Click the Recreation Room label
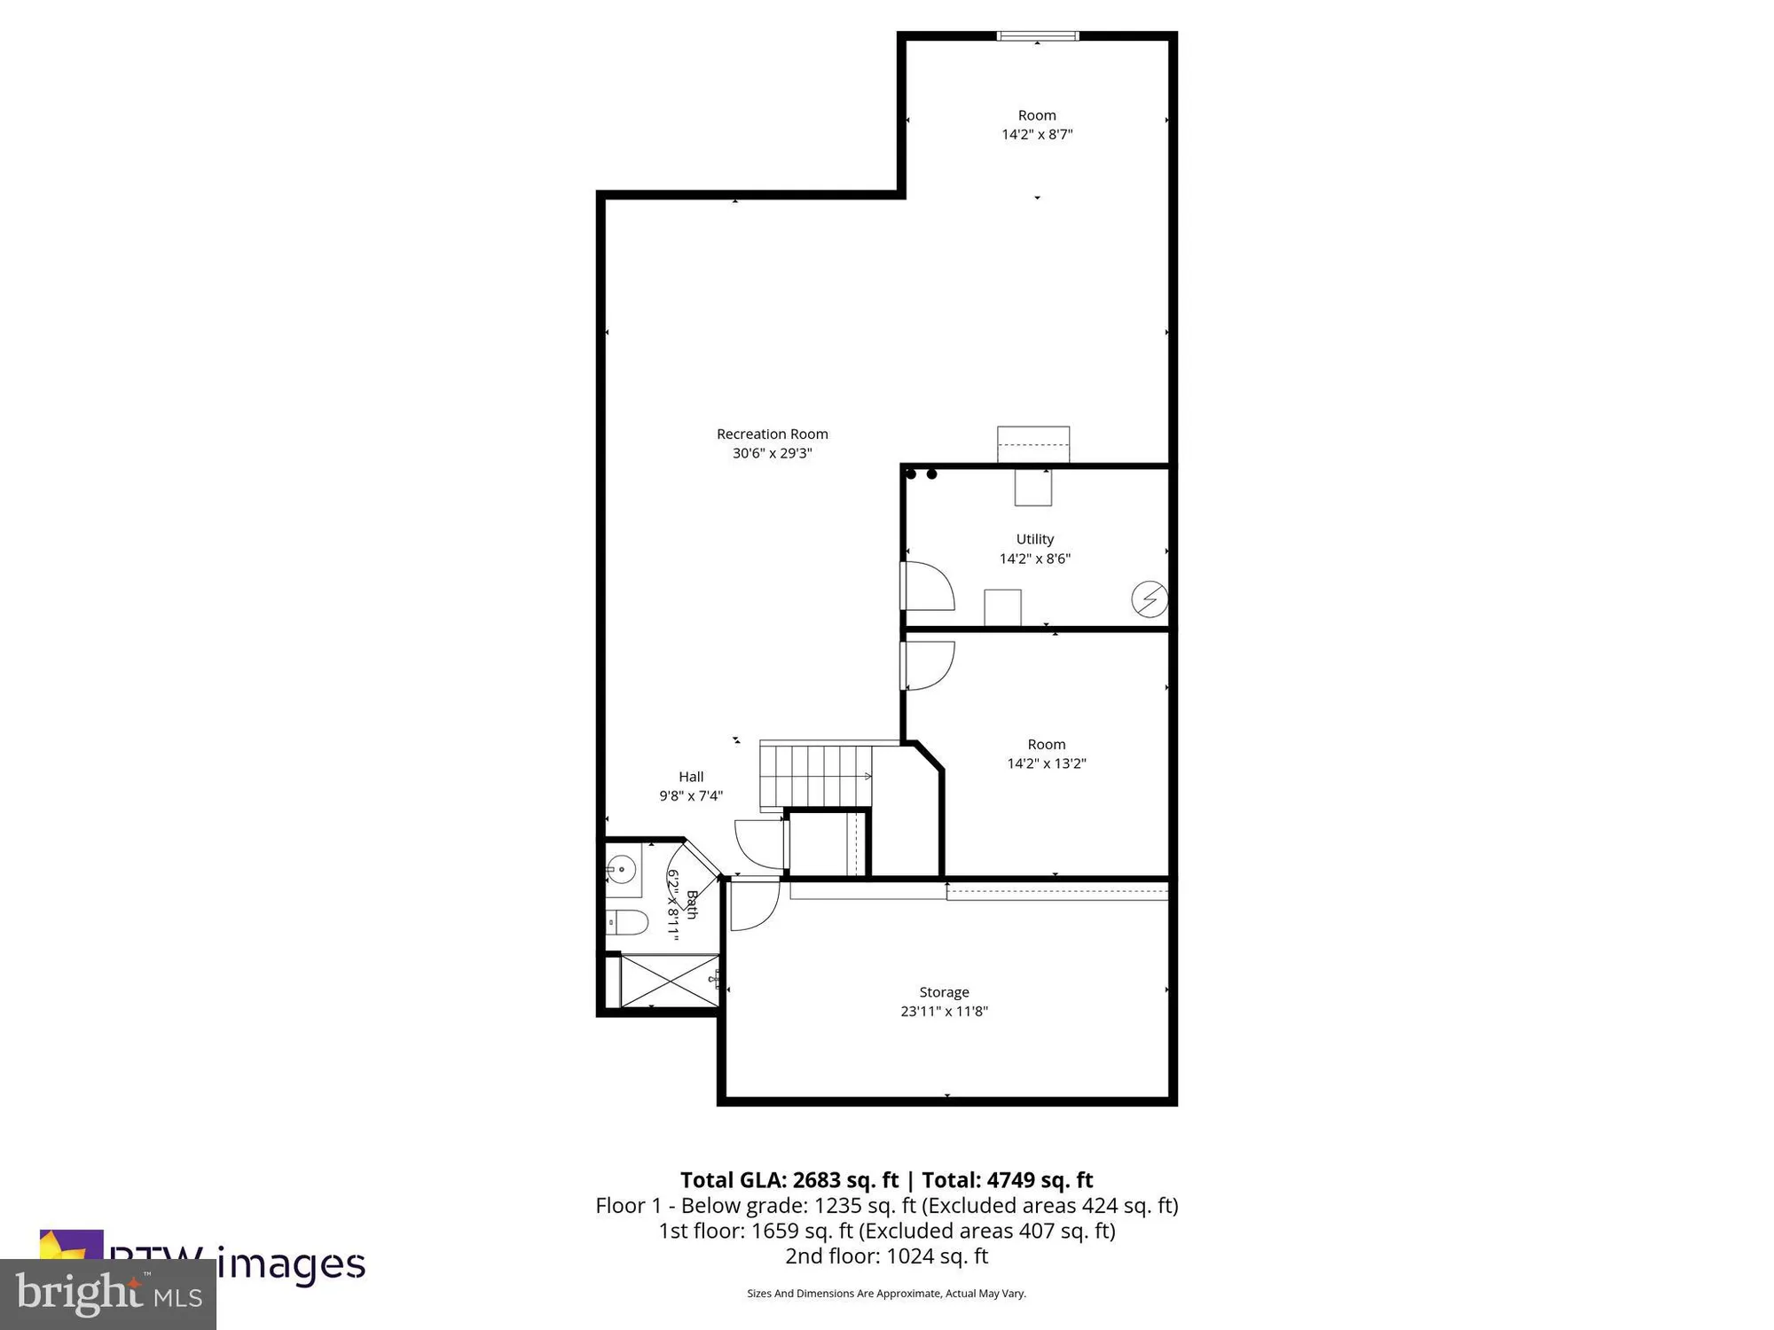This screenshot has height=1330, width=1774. click(x=772, y=434)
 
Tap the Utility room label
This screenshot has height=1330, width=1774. click(x=1034, y=539)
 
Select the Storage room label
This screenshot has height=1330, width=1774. click(x=944, y=992)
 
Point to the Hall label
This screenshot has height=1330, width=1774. click(x=691, y=777)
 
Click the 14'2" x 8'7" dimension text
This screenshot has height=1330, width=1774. click(x=1037, y=135)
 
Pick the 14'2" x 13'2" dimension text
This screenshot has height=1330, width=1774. click(x=1046, y=763)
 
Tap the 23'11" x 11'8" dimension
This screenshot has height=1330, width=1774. click(x=944, y=1012)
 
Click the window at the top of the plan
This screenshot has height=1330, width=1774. click(x=1037, y=36)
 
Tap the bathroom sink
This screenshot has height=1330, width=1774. click(x=623, y=870)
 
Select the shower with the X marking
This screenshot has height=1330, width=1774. click(x=669, y=981)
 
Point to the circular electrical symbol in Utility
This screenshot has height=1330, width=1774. click(x=1149, y=599)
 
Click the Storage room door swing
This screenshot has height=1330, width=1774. click(x=753, y=904)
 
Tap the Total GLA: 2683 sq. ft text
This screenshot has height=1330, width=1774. click(x=789, y=1180)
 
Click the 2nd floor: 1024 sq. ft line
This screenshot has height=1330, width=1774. click(x=886, y=1256)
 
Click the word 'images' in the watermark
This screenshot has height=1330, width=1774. click(x=292, y=1263)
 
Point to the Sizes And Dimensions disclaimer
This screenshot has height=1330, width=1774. click(x=886, y=1294)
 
